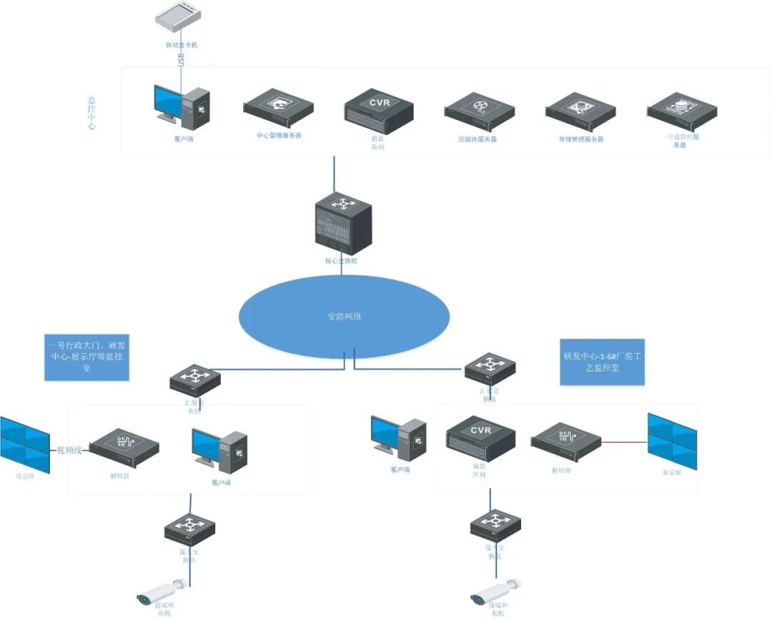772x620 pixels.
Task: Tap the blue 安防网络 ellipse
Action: coord(344,316)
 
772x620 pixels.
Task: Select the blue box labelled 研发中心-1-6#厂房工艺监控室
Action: coord(602,362)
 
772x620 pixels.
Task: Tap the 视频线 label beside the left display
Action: coord(71,450)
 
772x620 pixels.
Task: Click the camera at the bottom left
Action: coord(162,591)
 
